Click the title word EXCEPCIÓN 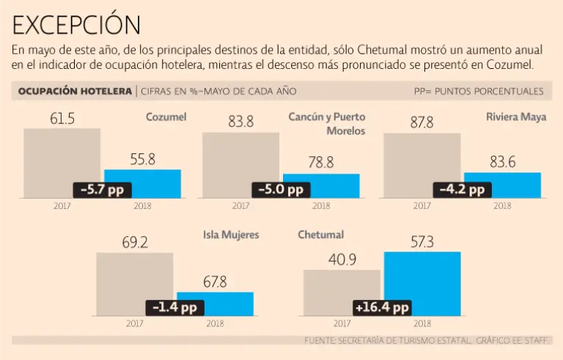(x=76, y=25)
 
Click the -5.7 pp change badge (x=102, y=189)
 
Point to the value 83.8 (x=240, y=122)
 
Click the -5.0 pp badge (x=281, y=189)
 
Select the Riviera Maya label (x=516, y=117)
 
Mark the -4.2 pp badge (x=462, y=189)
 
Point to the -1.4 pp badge (x=175, y=307)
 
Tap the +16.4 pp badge (x=381, y=307)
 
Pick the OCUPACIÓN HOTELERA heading (x=70, y=92)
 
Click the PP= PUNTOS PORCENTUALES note (x=479, y=92)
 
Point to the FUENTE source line (x=428, y=341)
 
